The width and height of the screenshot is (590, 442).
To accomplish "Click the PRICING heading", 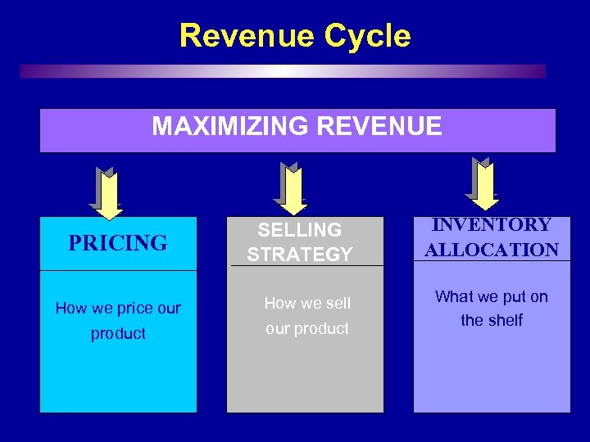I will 118,243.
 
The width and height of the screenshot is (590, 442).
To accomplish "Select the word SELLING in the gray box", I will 300,230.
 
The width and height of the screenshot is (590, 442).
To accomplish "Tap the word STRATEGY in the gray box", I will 300,255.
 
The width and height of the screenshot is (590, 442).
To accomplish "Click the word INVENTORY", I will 492,225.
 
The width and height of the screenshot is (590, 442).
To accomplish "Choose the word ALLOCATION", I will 492,250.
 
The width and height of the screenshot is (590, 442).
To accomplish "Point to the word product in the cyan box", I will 118,334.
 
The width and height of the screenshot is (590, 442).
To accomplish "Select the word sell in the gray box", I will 335,304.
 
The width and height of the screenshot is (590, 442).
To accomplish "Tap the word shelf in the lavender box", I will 505,321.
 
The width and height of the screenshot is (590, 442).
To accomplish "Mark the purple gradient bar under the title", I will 283,71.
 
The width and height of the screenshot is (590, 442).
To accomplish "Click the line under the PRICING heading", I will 118,270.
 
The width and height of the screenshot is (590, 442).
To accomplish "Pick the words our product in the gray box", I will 306,329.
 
